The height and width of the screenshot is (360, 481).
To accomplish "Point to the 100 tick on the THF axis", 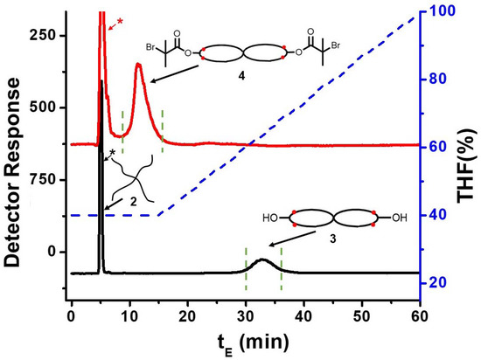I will coord(436,11).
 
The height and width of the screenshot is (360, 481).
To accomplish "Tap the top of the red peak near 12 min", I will coord(138,64).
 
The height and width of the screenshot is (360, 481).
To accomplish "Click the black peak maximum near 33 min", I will coord(263,260).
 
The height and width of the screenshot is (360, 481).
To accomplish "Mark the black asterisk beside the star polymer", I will coord(112,155).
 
